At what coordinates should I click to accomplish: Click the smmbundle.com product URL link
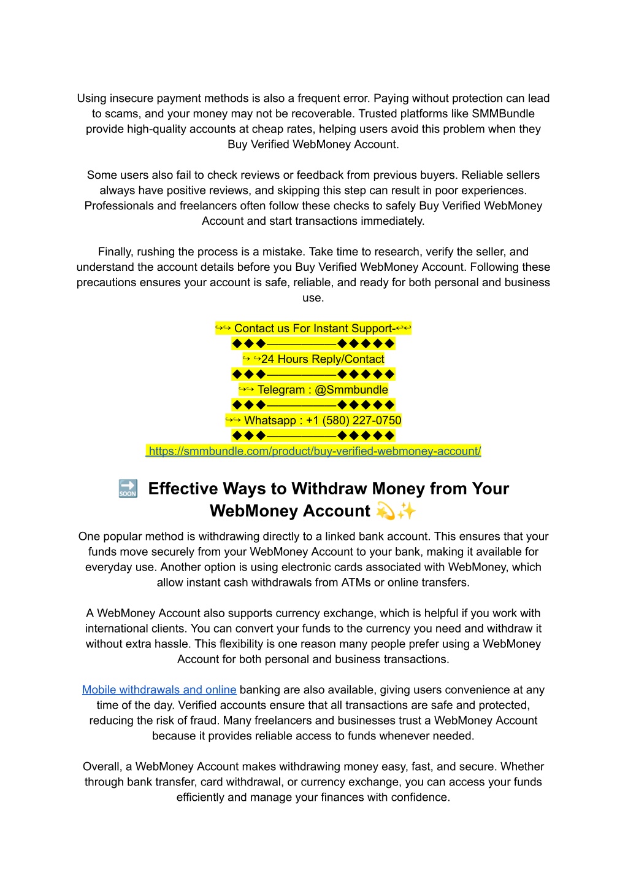[x=314, y=451]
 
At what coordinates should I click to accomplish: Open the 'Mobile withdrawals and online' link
[x=159, y=690]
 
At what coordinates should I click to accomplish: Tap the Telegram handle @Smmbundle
[x=351, y=390]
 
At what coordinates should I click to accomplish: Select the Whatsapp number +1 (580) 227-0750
[x=353, y=421]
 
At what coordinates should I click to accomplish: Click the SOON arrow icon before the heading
[x=128, y=489]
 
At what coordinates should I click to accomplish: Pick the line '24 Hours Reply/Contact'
[x=322, y=359]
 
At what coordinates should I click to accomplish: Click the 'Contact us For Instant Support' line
[x=313, y=329]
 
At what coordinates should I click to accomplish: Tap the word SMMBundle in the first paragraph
[x=503, y=114]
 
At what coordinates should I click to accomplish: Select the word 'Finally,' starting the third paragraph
[x=115, y=252]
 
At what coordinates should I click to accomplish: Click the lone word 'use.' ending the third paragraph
[x=313, y=298]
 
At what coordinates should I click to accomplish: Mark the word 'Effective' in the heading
[x=183, y=489]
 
